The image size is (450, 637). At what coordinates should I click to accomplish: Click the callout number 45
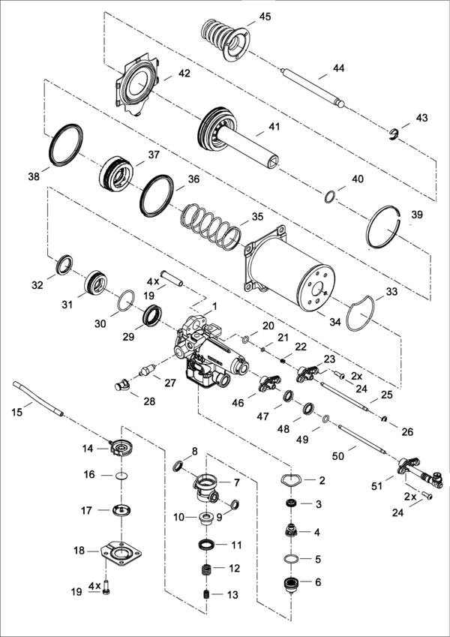point(265,16)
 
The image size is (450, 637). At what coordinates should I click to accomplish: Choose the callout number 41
point(273,126)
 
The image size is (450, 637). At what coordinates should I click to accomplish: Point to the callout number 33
point(391,291)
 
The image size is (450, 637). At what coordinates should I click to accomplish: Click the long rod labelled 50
point(361,440)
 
